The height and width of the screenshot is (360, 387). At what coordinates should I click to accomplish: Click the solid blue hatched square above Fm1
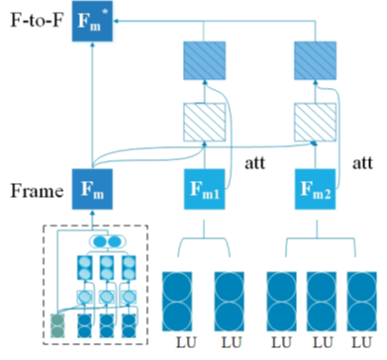[x=202, y=65]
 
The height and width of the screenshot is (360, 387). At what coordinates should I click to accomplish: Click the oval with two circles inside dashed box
[x=106, y=240]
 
